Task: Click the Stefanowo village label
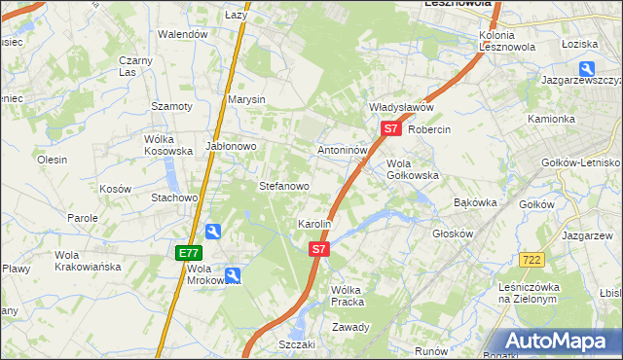(283, 185)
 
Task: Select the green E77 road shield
(189, 253)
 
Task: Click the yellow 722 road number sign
(531, 259)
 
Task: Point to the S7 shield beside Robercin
(390, 128)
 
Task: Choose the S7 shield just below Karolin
(318, 250)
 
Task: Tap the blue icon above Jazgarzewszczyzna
(587, 68)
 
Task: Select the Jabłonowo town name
(231, 146)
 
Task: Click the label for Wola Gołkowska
(413, 169)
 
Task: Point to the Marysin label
(246, 100)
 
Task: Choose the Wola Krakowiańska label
(88, 260)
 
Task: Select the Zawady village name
(351, 327)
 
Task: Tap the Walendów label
(184, 34)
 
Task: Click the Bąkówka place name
(476, 202)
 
